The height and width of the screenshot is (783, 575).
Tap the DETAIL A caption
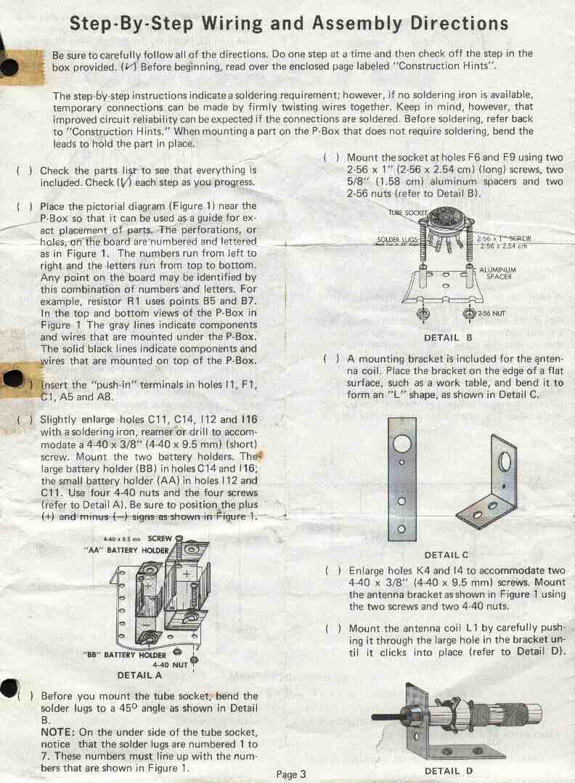click(x=139, y=676)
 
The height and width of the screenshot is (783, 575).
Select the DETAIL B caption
click(x=448, y=338)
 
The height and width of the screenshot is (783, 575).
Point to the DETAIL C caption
click(x=446, y=555)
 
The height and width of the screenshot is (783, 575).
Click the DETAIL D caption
click(x=448, y=771)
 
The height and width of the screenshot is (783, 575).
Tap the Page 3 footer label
click(x=291, y=774)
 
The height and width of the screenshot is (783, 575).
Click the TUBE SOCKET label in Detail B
click(x=408, y=213)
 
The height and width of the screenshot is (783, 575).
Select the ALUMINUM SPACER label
click(x=497, y=273)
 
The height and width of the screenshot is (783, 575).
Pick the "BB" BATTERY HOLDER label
click(x=125, y=654)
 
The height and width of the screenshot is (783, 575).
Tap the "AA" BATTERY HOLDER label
click(x=127, y=551)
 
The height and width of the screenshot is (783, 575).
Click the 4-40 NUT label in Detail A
click(x=170, y=665)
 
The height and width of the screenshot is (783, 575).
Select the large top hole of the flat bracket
click(x=401, y=443)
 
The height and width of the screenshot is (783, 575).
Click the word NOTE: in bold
click(x=58, y=732)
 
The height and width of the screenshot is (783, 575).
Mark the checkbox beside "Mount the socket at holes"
click(x=331, y=158)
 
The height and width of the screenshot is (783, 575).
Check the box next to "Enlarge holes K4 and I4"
click(x=333, y=571)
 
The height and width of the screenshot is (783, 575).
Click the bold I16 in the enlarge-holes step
click(x=249, y=420)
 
